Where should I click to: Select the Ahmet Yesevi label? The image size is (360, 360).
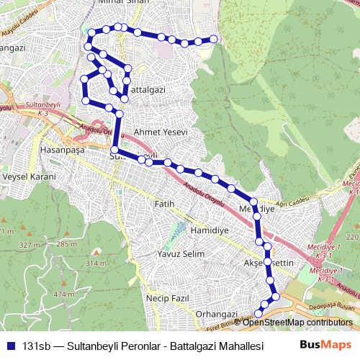coord(161,132)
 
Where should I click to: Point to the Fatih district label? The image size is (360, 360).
coord(165,204)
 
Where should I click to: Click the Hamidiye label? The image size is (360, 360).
coord(209,230)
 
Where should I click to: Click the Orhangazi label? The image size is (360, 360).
coord(216,315)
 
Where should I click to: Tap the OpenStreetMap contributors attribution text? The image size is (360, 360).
coord(300,322)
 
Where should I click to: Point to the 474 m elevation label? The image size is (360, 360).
coord(64,294)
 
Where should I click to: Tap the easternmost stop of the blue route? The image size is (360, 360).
coord(213,39)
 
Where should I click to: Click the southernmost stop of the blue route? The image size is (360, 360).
coord(259,314)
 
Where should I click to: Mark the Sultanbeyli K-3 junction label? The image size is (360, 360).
coord(35,109)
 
